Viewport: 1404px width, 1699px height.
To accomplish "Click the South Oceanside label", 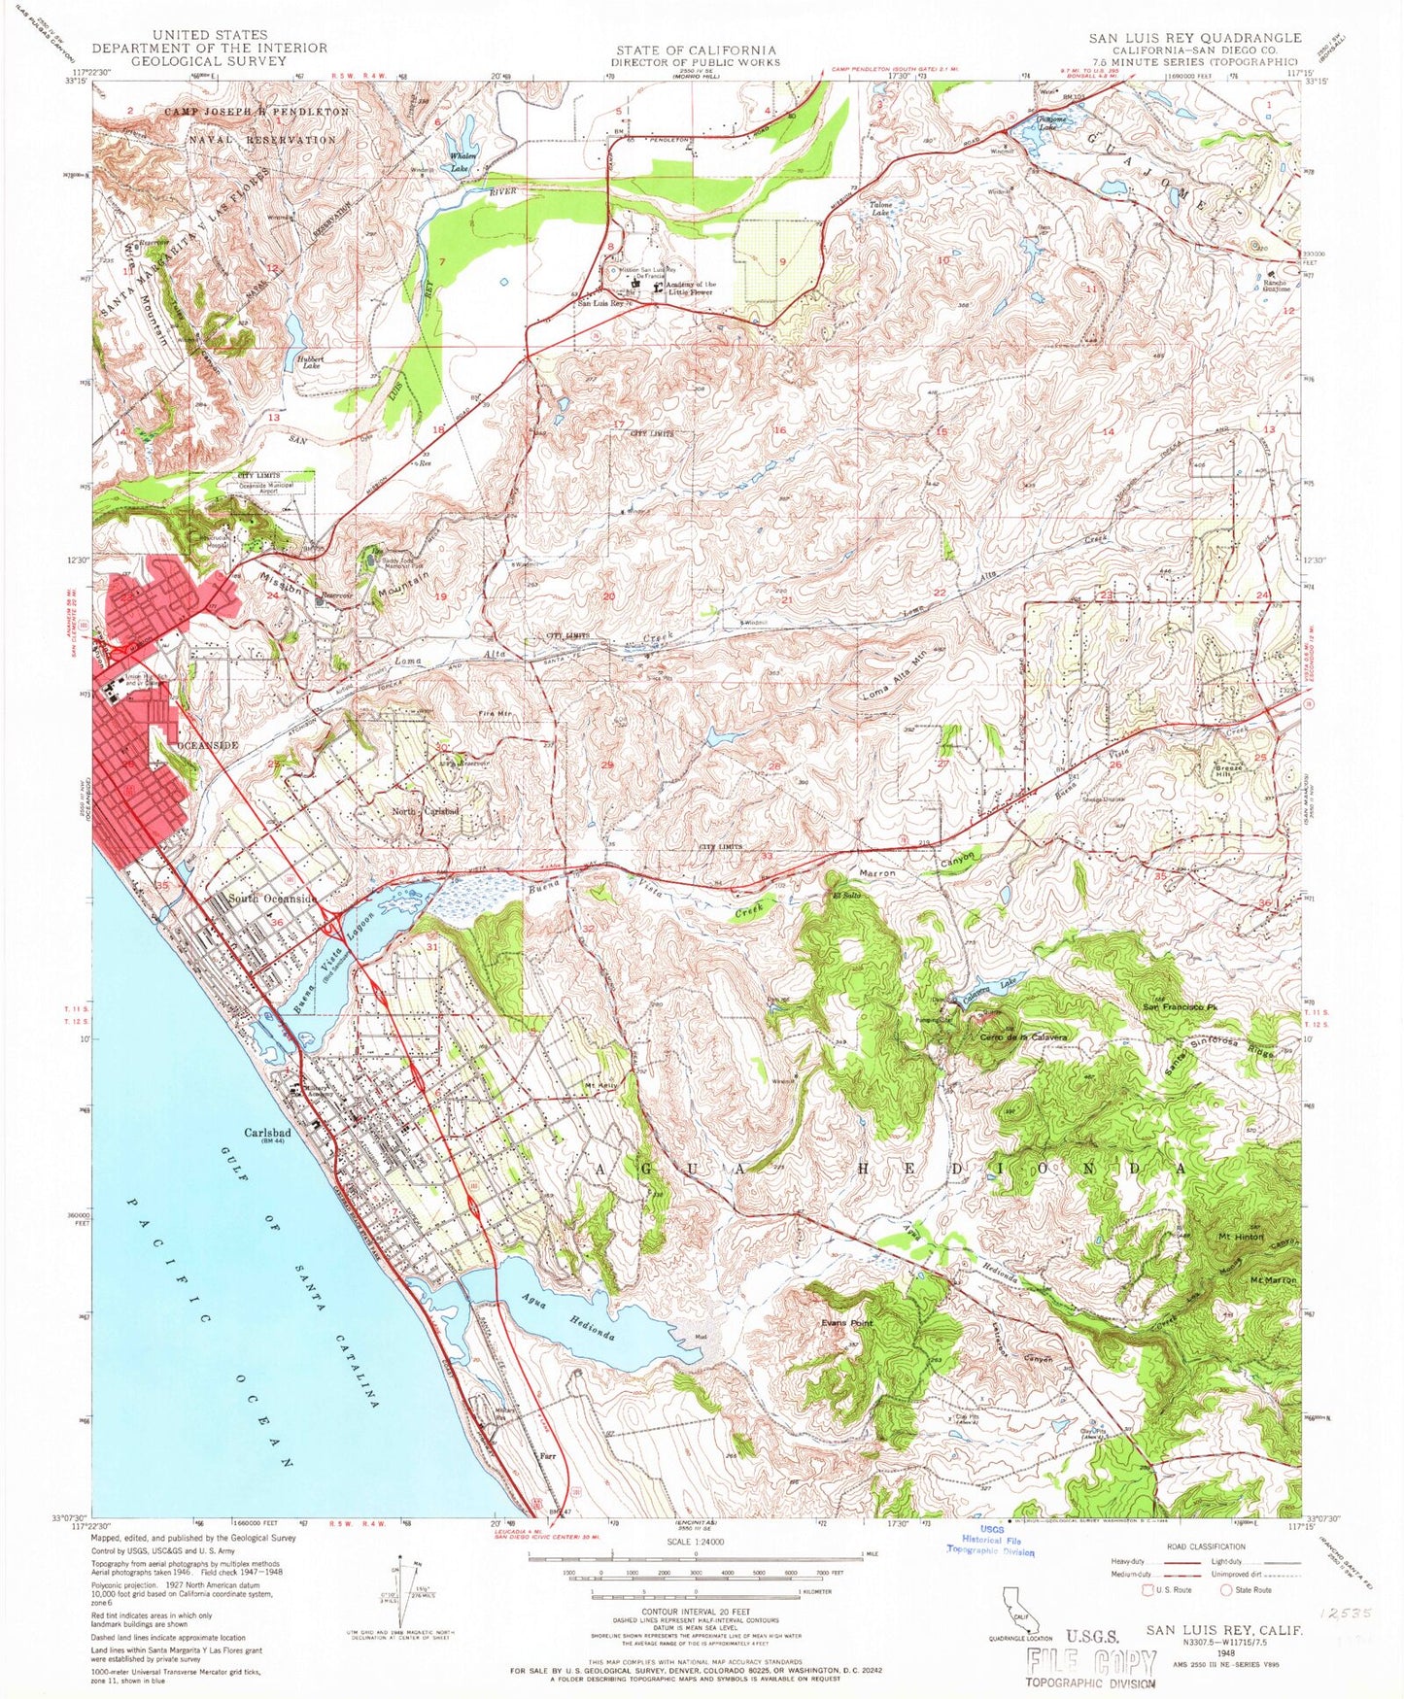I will [272, 900].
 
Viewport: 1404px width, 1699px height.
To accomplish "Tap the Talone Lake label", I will [880, 209].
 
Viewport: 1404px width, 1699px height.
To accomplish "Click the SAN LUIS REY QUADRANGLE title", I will [1193, 38].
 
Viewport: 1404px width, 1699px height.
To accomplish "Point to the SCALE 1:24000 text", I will [694, 1541].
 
